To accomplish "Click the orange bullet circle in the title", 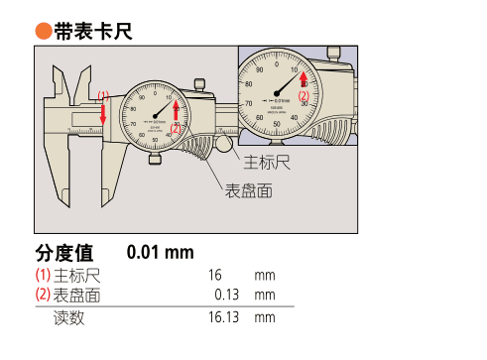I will tap(44, 33).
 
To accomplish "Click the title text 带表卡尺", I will tap(93, 33).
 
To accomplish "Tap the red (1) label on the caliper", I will tap(102, 96).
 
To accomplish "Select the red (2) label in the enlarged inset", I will tap(304, 95).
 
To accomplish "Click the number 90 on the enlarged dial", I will tap(260, 70).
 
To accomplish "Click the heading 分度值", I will tap(63, 252).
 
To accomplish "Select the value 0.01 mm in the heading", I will tap(160, 252).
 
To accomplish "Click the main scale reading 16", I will tap(215, 275).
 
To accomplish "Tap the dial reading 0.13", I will tap(229, 295).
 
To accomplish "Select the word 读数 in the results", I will tap(68, 318).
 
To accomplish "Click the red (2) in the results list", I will tap(43, 295).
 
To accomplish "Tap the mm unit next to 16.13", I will tap(264, 318).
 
